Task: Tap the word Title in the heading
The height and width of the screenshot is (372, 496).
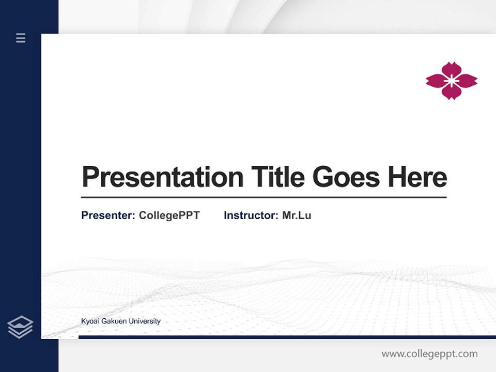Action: pyautogui.click(x=278, y=177)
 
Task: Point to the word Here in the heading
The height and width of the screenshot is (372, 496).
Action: pyautogui.click(x=417, y=177)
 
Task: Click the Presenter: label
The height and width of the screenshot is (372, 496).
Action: pyautogui.click(x=109, y=215)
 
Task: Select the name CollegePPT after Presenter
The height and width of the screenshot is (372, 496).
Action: pyautogui.click(x=169, y=215)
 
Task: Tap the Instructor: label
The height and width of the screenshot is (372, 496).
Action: pyautogui.click(x=251, y=215)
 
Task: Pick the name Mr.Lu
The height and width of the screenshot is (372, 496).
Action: pyautogui.click(x=297, y=215)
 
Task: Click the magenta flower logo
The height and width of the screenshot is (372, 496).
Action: pyautogui.click(x=452, y=81)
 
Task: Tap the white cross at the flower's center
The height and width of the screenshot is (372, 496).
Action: pyautogui.click(x=452, y=81)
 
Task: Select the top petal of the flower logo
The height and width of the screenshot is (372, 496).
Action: pyautogui.click(x=452, y=69)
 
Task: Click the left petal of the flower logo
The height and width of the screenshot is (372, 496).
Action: pyautogui.click(x=436, y=81)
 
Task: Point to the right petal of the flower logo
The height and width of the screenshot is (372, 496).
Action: pyautogui.click(x=467, y=81)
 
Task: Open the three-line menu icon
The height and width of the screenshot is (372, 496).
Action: pyautogui.click(x=21, y=38)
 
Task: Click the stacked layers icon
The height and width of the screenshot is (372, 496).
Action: pyautogui.click(x=21, y=327)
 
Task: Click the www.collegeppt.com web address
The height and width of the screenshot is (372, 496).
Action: pyautogui.click(x=429, y=354)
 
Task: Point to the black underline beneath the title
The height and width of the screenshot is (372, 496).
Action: pyautogui.click(x=263, y=197)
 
